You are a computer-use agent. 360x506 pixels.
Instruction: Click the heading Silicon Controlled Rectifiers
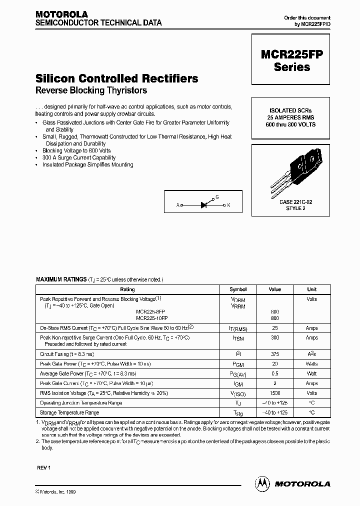(x=117, y=78)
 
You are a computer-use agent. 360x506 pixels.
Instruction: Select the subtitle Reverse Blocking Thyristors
(x=91, y=90)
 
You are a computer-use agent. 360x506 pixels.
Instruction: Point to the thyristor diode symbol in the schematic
(x=204, y=204)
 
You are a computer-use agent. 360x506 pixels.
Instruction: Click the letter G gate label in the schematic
(x=217, y=198)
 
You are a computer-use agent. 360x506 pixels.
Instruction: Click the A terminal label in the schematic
(x=177, y=205)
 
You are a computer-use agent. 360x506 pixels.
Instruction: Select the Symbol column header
(x=238, y=289)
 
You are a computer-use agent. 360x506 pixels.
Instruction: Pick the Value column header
(x=275, y=289)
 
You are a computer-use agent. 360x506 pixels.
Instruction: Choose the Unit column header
(x=311, y=289)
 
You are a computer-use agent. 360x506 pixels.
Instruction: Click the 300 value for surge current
(x=275, y=338)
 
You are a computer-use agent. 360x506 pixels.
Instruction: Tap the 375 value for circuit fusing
(x=275, y=354)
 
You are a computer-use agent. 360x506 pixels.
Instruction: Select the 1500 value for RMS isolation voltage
(x=275, y=393)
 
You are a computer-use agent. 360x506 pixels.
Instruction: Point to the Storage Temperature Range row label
(x=69, y=412)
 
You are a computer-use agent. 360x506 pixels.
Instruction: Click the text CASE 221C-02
(x=292, y=201)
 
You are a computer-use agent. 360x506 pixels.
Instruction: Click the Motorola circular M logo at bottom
(x=262, y=483)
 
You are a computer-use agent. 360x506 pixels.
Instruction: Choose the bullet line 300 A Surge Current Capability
(x=79, y=157)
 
